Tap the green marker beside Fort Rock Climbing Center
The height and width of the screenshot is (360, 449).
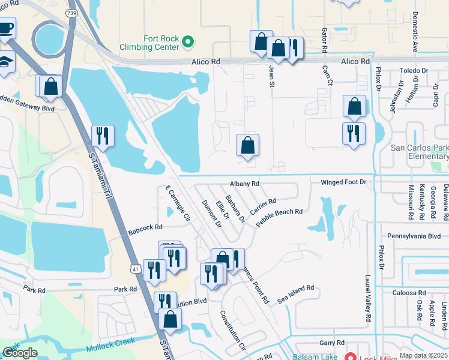[188, 41]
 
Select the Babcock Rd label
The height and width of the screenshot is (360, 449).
[145, 227]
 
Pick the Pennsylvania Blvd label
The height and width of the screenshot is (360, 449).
[414, 236]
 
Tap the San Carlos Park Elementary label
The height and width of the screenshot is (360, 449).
[420, 152]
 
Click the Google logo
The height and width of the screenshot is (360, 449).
[20, 352]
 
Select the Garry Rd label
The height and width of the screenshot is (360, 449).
[331, 343]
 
